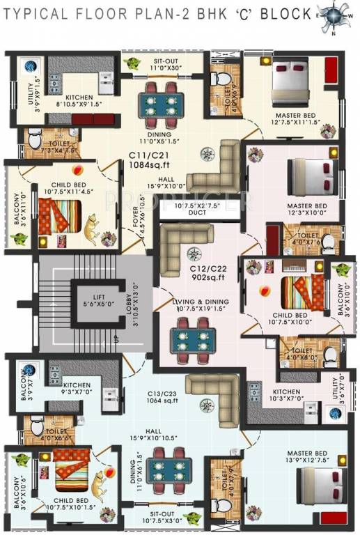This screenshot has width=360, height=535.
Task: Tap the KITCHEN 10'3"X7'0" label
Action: pos(286,396)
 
